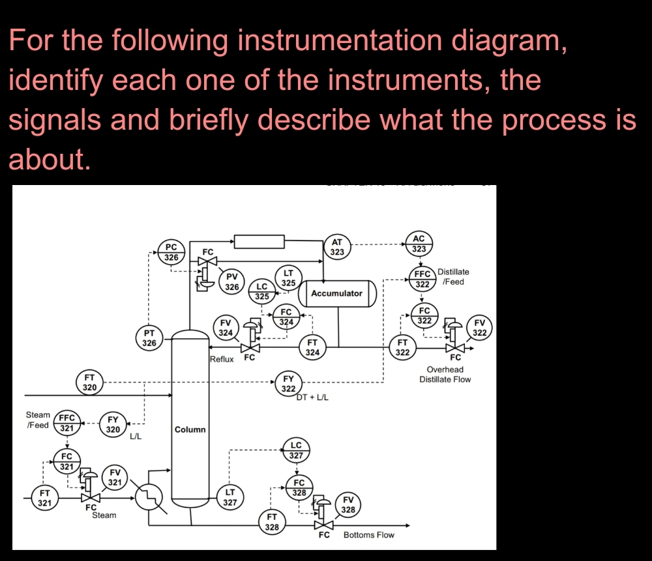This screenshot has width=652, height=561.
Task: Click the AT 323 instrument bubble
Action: (x=337, y=247)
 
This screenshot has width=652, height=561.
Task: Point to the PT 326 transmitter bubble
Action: (x=149, y=338)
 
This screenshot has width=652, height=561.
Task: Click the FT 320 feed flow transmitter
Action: (x=89, y=382)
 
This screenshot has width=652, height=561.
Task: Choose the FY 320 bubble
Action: (x=113, y=425)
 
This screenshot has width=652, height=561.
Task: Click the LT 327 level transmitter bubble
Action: (x=230, y=497)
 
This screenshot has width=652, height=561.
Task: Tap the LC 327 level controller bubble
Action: (x=296, y=450)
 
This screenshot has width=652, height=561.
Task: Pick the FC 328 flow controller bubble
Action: (x=299, y=487)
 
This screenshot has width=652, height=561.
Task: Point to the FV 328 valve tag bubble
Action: (x=348, y=505)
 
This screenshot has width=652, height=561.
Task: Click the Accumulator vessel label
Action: (x=336, y=293)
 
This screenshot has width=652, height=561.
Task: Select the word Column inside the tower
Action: (x=190, y=429)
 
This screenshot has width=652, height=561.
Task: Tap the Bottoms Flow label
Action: (x=368, y=535)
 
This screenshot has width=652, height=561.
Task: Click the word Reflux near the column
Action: (x=222, y=359)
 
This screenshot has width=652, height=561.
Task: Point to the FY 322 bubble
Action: (x=288, y=384)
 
